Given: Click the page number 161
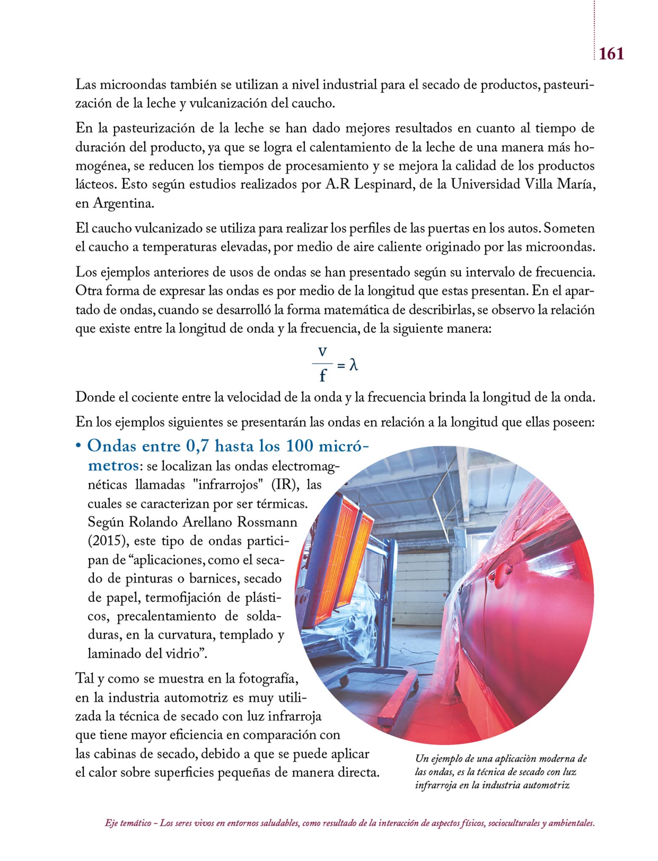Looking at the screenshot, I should click(611, 54).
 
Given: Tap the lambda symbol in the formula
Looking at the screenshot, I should click(354, 364).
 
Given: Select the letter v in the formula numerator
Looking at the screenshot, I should click(323, 351).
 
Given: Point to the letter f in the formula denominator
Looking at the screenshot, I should click(323, 375).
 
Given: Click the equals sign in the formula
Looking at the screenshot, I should click(341, 366).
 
